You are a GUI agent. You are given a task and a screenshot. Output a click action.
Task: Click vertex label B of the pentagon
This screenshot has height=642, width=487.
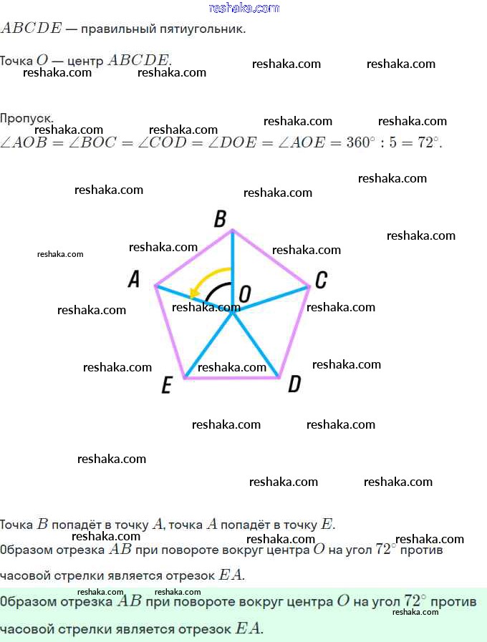tap(221, 219)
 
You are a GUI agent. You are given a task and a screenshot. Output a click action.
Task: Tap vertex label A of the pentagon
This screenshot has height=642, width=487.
tap(134, 279)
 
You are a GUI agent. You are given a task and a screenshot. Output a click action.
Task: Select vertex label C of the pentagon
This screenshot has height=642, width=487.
tap(322, 279)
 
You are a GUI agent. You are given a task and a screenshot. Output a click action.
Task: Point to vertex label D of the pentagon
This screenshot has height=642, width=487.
tap(294, 385)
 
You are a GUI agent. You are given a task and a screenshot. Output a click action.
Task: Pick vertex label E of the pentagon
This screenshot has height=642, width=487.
tap(167, 386)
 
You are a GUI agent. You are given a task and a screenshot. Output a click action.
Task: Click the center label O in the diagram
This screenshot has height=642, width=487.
tap(245, 293)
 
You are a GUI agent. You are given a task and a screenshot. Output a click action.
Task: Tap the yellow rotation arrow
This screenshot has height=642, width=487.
tap(208, 279)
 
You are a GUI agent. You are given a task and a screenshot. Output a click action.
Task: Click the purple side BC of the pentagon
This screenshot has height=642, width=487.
tap(271, 258)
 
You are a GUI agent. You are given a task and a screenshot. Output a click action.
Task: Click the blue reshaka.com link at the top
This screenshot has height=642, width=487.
tap(243, 8)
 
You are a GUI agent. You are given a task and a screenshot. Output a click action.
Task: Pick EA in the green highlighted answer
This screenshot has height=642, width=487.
tap(249, 629)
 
